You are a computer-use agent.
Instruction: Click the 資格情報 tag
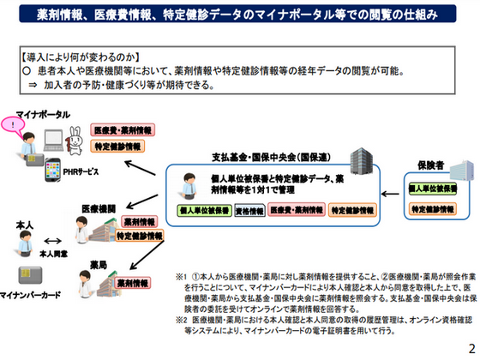point(249,209)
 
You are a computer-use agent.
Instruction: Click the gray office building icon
point(356,159)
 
